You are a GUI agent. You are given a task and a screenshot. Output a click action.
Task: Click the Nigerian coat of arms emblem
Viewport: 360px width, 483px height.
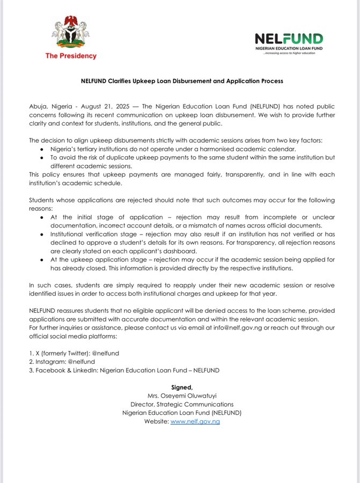click(70, 33)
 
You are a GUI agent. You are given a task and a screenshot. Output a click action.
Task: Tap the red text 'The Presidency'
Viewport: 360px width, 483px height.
click(71, 56)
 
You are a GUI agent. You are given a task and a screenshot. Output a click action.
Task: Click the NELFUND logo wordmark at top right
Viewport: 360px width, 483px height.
click(289, 39)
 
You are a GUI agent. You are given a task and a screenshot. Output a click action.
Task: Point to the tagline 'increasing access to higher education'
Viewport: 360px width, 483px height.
click(289, 53)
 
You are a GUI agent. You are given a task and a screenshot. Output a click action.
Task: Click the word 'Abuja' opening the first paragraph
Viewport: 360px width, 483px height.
click(39, 108)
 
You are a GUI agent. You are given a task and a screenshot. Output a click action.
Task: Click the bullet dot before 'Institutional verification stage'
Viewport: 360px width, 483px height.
click(42, 235)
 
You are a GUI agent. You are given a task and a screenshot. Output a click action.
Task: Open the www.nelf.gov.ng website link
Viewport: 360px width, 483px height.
click(195, 421)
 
